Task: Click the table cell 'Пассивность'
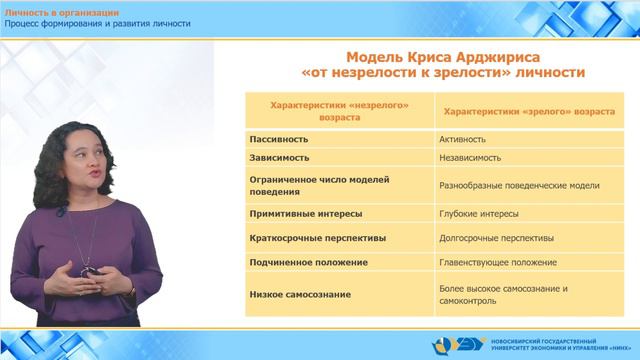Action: tap(279, 141)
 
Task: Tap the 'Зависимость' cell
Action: tap(279, 158)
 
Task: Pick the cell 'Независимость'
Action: tap(472, 158)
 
